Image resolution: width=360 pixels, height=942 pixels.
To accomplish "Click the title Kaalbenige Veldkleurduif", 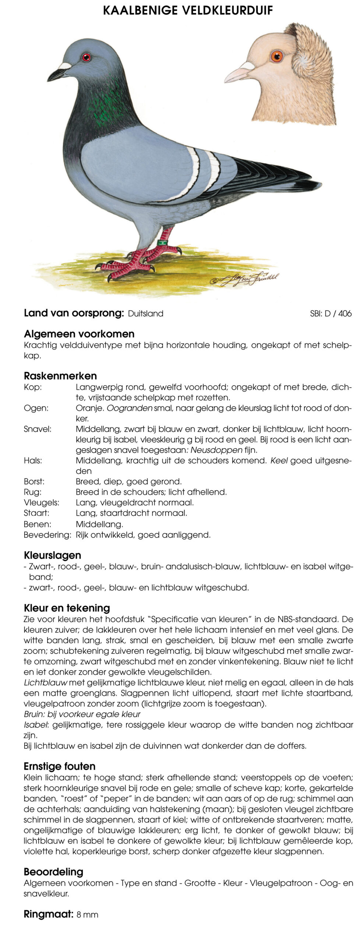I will pyautogui.click(x=188, y=11).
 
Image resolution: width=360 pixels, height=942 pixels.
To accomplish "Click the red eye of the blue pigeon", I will pyautogui.click(x=86, y=57).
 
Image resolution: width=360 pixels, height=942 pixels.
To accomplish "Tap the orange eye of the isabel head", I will pyautogui.click(x=276, y=56).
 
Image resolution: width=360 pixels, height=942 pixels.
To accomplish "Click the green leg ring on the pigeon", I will pyautogui.click(x=162, y=242).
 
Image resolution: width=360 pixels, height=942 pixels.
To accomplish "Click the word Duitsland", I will pyautogui.click(x=145, y=314).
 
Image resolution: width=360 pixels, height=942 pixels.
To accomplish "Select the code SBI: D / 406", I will pyautogui.click(x=331, y=314).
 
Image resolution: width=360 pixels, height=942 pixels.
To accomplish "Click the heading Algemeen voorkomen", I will pyautogui.click(x=79, y=334).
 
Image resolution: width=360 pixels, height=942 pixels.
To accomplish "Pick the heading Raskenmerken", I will pyautogui.click(x=60, y=376).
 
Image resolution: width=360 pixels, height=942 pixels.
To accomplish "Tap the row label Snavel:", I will pyautogui.click(x=38, y=429).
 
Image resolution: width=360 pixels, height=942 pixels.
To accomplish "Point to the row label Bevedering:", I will pyautogui.click(x=47, y=535).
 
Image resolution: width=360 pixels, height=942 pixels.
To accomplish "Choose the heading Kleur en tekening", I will pyautogui.click(x=67, y=608).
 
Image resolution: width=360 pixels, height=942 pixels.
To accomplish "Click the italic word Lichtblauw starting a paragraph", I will pyautogui.click(x=45, y=683).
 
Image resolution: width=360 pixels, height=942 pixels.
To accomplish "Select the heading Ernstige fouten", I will pyautogui.click(x=60, y=766).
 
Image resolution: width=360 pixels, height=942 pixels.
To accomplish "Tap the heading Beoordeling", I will pyautogui.click(x=53, y=872).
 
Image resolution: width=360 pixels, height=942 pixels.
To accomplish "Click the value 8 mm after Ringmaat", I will pyautogui.click(x=87, y=915).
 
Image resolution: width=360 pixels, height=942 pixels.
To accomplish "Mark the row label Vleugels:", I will pyautogui.click(x=41, y=503).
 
